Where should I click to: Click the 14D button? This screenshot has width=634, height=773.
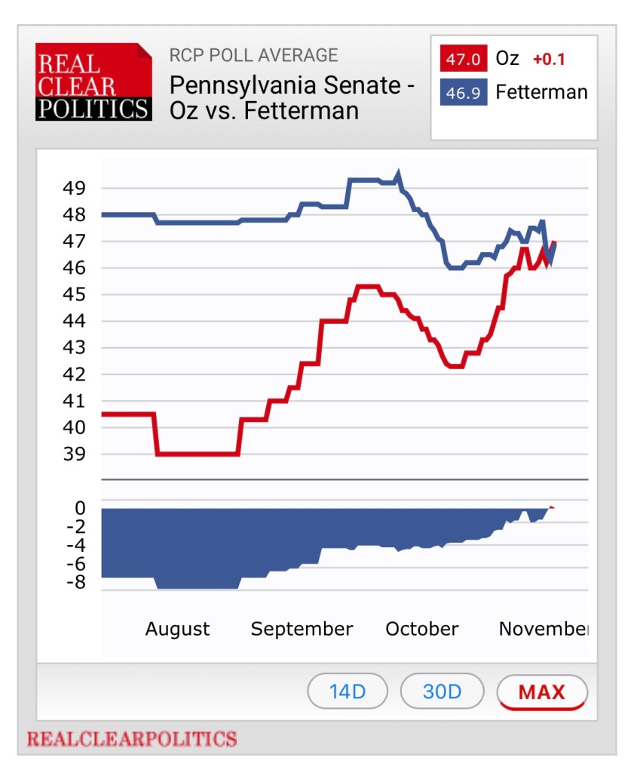click(348, 691)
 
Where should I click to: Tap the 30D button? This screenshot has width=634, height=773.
click(442, 691)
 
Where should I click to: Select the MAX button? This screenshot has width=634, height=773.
click(541, 691)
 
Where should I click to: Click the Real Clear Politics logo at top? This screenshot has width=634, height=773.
click(93, 82)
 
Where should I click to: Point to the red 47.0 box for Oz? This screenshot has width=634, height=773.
click(463, 58)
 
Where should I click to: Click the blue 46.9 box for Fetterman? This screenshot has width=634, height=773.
click(463, 92)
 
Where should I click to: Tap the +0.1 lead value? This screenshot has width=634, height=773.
click(549, 59)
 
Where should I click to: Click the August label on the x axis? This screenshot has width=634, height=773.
click(177, 629)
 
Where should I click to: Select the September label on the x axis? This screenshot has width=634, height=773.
click(302, 629)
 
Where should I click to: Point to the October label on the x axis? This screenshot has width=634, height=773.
click(421, 629)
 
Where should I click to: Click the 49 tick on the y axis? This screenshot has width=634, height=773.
click(74, 188)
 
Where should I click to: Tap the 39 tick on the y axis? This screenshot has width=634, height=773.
click(74, 454)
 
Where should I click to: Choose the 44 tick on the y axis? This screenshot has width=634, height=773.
click(74, 322)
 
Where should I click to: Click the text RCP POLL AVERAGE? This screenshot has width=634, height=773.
click(253, 55)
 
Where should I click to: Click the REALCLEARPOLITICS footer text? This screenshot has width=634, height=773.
click(132, 738)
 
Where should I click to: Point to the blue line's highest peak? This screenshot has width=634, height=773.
click(399, 173)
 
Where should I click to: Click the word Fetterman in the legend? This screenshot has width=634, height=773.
click(541, 92)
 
